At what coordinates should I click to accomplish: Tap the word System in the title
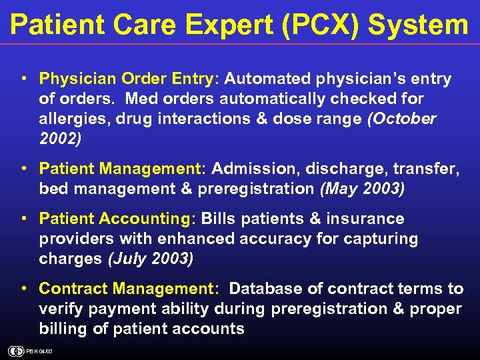[418, 25]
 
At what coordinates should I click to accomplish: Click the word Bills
[219, 219]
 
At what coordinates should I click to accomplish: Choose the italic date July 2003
[151, 259]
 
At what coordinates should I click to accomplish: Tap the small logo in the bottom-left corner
[15, 351]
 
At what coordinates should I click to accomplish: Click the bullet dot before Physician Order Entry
[24, 79]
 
